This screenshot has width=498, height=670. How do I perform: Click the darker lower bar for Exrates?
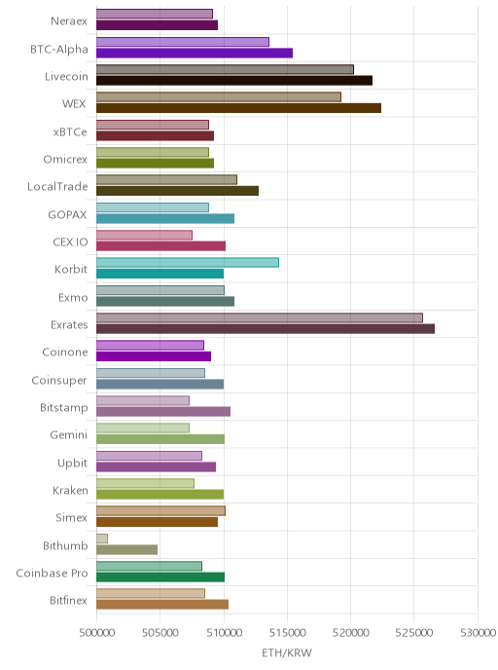(266, 328)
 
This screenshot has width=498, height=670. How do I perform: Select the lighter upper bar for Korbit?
(188, 262)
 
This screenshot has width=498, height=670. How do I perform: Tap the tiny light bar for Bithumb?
(102, 539)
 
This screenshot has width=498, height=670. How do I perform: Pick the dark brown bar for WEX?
(238, 108)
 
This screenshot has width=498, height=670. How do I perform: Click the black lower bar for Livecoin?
(234, 80)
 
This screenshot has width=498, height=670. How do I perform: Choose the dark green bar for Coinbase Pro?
(160, 577)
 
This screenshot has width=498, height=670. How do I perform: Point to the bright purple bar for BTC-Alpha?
(195, 53)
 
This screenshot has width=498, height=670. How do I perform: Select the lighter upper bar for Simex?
(160, 510)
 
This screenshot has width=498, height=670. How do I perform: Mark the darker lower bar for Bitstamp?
(163, 412)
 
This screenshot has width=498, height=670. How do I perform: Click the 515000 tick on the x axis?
(287, 632)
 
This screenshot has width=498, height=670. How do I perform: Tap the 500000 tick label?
(97, 632)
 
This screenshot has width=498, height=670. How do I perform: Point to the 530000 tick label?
(478, 632)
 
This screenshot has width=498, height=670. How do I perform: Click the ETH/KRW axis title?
(287, 652)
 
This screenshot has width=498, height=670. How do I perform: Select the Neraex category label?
(69, 21)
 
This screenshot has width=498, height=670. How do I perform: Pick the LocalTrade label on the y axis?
(57, 187)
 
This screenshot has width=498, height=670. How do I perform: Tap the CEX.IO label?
(70, 242)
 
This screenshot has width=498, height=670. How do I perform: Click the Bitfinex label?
(68, 600)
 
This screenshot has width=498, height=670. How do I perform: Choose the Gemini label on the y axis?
(69, 435)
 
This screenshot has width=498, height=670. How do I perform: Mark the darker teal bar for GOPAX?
(165, 218)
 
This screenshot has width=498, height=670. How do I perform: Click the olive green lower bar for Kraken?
(160, 495)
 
